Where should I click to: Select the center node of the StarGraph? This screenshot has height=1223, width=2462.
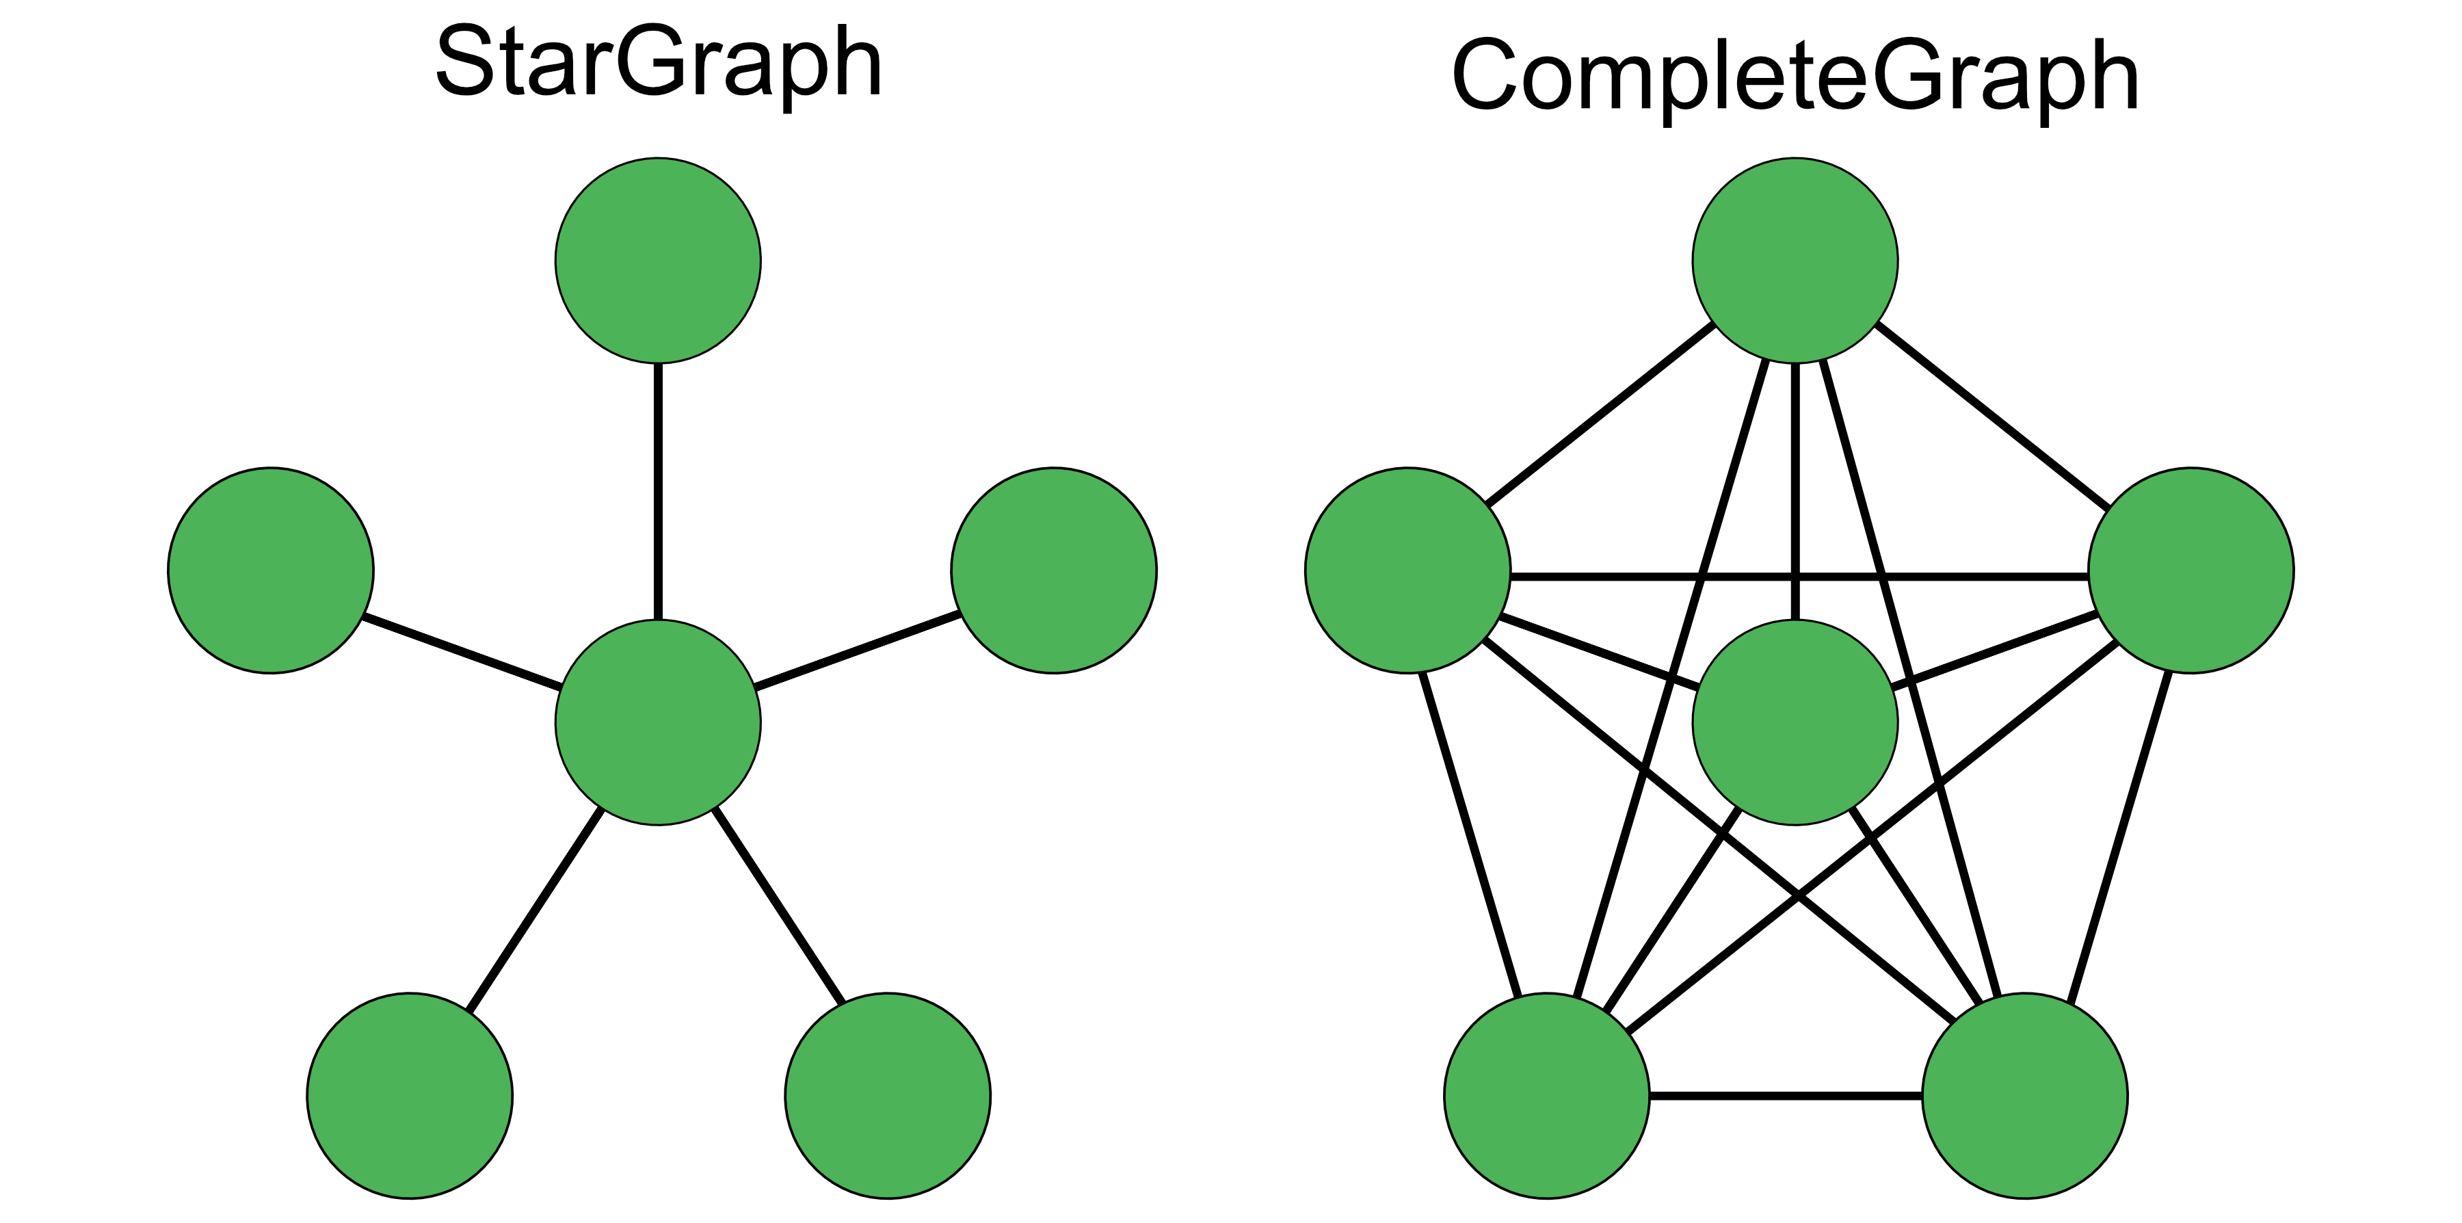[657, 722]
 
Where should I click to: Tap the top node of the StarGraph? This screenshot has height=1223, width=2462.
[657, 260]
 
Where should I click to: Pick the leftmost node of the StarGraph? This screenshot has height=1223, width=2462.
[270, 571]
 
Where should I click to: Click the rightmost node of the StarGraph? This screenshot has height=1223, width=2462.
[1053, 571]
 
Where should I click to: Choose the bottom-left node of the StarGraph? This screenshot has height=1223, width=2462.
[409, 1096]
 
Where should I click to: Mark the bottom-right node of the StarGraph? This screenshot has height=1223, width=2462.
[887, 1096]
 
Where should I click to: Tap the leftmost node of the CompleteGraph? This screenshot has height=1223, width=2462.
[1407, 571]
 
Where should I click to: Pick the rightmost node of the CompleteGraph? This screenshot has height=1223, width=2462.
[2190, 571]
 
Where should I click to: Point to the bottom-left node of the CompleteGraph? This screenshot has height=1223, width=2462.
[1546, 1096]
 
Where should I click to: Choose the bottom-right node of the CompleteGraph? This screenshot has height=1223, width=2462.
[2024, 1096]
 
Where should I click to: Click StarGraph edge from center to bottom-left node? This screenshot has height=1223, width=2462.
[533, 909]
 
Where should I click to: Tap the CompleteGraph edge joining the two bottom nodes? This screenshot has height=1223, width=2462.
[1786, 1096]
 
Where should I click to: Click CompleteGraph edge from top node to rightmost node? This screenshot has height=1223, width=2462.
[1993, 417]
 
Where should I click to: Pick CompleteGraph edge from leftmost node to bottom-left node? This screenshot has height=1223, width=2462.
[1470, 832]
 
